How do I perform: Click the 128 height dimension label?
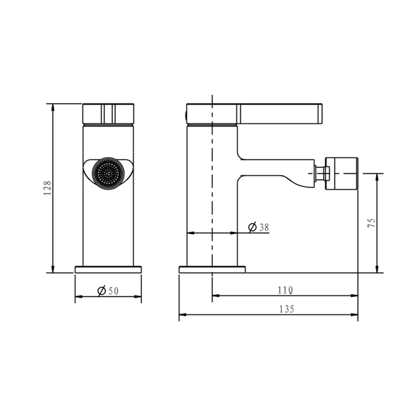(x=47, y=188)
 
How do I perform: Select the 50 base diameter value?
(x=113, y=291)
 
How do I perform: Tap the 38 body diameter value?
(x=264, y=227)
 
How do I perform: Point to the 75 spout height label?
(x=372, y=223)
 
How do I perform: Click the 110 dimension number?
(x=285, y=290)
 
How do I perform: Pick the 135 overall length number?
(x=287, y=309)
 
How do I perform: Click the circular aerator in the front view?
(x=108, y=173)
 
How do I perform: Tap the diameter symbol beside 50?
(x=102, y=291)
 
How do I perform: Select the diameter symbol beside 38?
(x=253, y=227)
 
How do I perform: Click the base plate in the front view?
(x=108, y=269)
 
